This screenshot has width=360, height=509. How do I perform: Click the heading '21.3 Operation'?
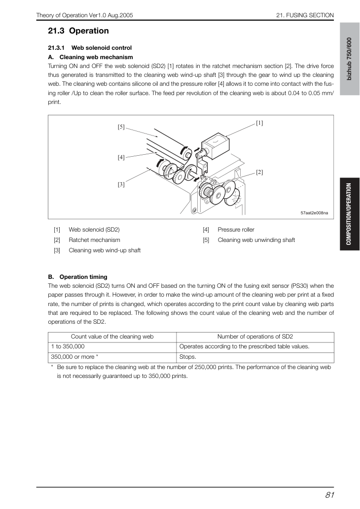[x=78, y=31]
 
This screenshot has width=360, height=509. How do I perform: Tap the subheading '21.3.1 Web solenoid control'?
[x=90, y=48]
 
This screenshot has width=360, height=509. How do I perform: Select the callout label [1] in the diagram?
[x=259, y=123]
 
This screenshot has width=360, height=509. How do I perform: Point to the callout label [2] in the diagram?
[x=259, y=172]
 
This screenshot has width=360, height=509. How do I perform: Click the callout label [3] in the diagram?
[x=121, y=184]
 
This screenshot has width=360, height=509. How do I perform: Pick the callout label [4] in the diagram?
[x=121, y=158]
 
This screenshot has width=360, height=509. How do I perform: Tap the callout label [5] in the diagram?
[x=121, y=127]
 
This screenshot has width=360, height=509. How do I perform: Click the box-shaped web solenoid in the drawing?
[x=216, y=145]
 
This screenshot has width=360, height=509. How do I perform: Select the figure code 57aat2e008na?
[x=314, y=213]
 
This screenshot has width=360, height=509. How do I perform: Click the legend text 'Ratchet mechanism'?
[x=94, y=240]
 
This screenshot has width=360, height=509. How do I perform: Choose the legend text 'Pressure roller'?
[x=236, y=230]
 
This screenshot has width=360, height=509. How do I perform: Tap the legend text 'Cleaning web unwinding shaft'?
[x=256, y=240]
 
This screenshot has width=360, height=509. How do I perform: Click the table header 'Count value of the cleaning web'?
[x=112, y=337]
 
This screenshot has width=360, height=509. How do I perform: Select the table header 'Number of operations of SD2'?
[x=255, y=337]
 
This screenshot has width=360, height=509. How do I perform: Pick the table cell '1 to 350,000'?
[x=68, y=346]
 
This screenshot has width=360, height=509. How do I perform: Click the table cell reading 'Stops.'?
[x=188, y=357]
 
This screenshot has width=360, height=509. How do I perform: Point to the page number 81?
[x=329, y=495]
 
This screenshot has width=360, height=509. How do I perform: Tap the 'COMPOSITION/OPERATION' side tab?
[x=350, y=214]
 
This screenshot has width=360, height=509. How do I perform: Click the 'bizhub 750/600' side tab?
[x=350, y=59]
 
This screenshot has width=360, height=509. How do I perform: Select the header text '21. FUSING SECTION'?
[x=305, y=15]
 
